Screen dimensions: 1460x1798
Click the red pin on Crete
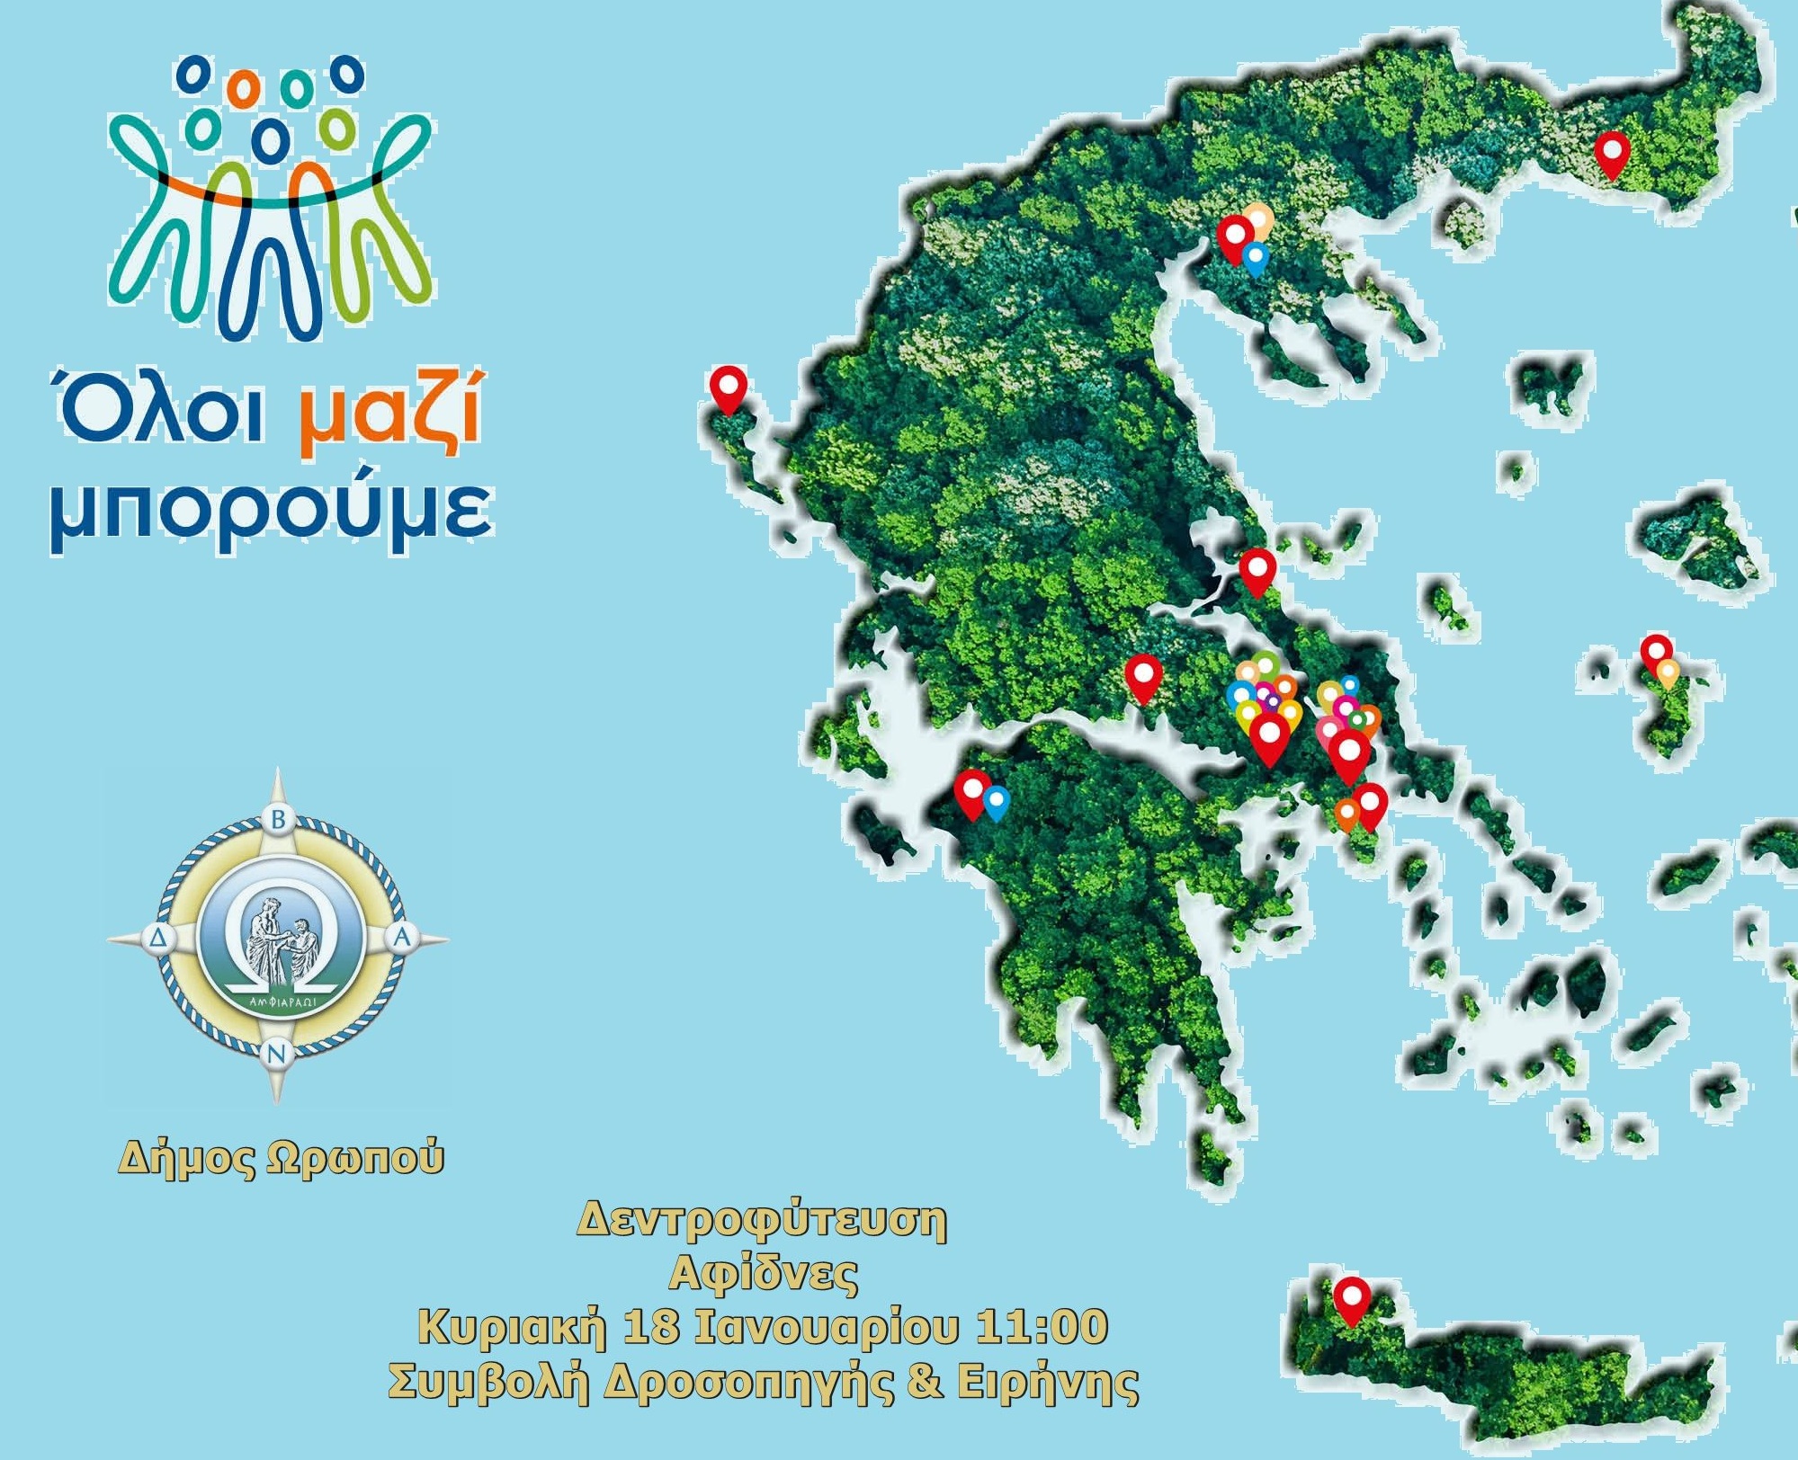click(1351, 1298)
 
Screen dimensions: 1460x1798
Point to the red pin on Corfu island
click(728, 387)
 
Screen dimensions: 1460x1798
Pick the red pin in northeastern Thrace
click(1613, 152)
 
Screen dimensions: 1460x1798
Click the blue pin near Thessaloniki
click(1255, 257)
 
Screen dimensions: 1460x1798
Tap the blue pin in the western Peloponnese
click(996, 801)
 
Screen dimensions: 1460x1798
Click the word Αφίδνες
click(763, 1273)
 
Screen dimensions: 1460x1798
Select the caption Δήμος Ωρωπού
click(281, 1158)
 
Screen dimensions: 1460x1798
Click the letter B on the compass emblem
click(278, 819)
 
